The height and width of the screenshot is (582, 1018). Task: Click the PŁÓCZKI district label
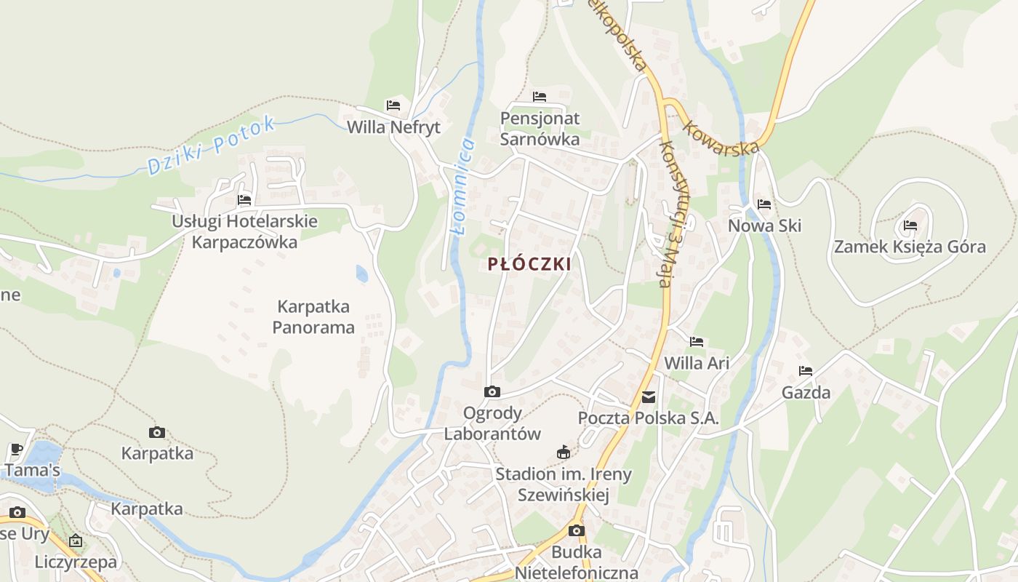coord(529,263)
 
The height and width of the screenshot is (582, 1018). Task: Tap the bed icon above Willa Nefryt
coord(393,105)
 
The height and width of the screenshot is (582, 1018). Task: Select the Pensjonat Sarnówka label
coord(540,128)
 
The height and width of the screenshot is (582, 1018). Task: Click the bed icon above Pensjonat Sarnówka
coord(539,96)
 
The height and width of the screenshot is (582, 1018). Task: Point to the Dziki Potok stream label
coord(212,145)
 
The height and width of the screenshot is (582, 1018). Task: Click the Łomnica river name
coord(462,186)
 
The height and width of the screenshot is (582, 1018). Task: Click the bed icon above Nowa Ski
coord(763,204)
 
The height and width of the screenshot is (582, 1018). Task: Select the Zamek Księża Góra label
coord(910,247)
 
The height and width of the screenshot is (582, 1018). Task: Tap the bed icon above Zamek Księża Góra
coord(910,226)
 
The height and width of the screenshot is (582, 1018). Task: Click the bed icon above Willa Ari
coord(697,341)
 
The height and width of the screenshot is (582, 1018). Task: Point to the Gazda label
coord(806,393)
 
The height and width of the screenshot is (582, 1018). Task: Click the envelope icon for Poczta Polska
coord(648,397)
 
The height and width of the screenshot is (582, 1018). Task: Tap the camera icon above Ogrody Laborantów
coord(492,392)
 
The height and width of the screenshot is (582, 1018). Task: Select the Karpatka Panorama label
coord(313,316)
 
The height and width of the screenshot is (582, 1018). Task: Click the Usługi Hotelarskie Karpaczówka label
coord(244,231)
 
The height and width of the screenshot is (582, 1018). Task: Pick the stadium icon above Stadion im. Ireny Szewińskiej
coord(563,453)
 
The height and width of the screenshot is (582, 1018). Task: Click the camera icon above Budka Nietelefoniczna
coord(576,530)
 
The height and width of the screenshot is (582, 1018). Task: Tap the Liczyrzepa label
coord(76,562)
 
